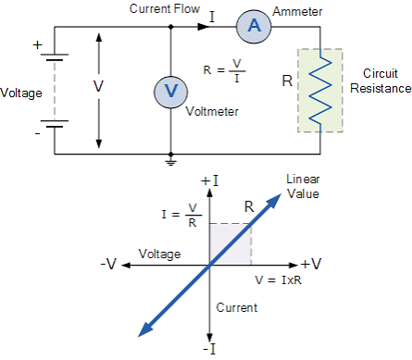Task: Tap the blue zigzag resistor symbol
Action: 320,91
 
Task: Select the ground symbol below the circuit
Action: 170,163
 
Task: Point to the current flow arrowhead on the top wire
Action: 203,27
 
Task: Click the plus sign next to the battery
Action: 37,45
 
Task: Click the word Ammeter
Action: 297,12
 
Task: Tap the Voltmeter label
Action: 212,111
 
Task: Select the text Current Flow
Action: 165,8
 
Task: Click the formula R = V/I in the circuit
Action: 224,71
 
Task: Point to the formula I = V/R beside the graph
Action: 181,215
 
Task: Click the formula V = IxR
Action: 278,280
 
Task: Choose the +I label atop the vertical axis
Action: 209,180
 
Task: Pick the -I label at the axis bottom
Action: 209,350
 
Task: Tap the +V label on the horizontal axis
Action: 311,264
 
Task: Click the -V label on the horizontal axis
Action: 108,264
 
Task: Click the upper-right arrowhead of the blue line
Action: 274,201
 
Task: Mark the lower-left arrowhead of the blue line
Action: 145,329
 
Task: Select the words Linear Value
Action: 303,186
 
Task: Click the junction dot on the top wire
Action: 170,27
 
